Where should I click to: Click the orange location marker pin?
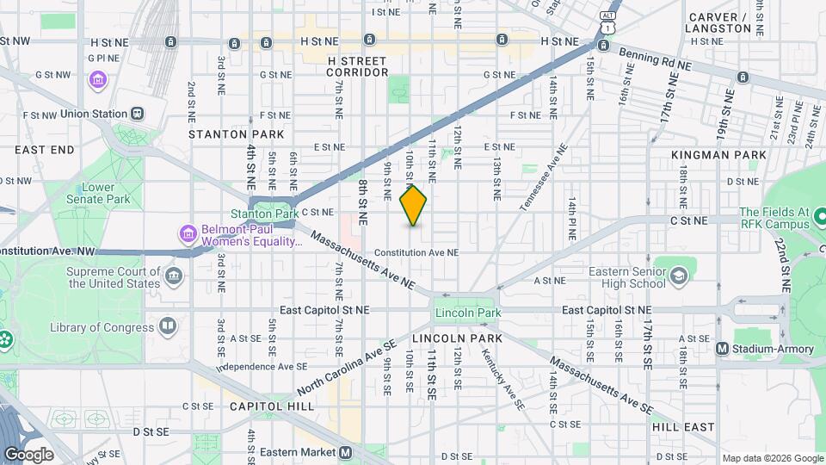click(x=413, y=206)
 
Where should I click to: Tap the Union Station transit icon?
click(x=137, y=114)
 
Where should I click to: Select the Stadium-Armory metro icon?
click(x=723, y=348)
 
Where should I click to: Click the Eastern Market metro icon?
click(x=346, y=452)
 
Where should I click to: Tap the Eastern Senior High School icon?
click(x=679, y=276)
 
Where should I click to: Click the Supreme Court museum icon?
click(x=175, y=276)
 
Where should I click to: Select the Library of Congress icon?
click(x=167, y=326)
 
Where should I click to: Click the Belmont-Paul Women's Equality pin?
click(x=186, y=233)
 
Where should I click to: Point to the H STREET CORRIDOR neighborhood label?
click(x=357, y=65)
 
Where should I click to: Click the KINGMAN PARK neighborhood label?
click(x=721, y=155)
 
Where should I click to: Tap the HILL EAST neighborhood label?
click(x=683, y=426)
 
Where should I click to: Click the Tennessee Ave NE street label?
click(x=544, y=177)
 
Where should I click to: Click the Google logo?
click(x=28, y=454)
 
